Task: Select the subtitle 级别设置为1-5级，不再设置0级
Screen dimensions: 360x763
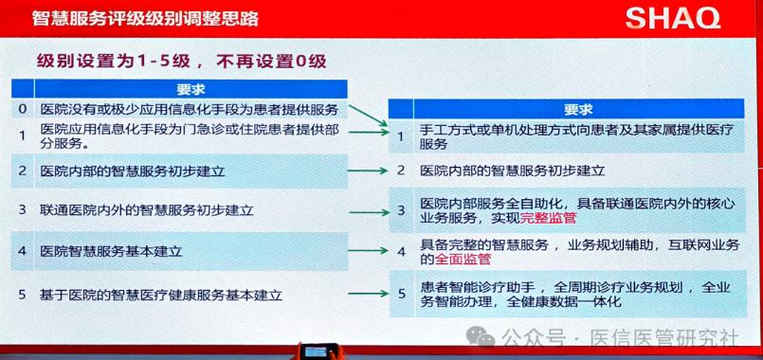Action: click(x=181, y=63)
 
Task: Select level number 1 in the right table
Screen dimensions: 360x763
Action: click(x=401, y=136)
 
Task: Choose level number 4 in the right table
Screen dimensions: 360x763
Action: click(x=401, y=252)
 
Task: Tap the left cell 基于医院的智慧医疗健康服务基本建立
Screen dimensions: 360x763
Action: click(x=161, y=295)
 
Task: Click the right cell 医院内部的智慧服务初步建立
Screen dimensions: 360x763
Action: click(x=513, y=171)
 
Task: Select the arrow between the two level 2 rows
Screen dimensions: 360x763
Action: click(x=369, y=171)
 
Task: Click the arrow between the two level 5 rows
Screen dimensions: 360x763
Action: click(x=369, y=295)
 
